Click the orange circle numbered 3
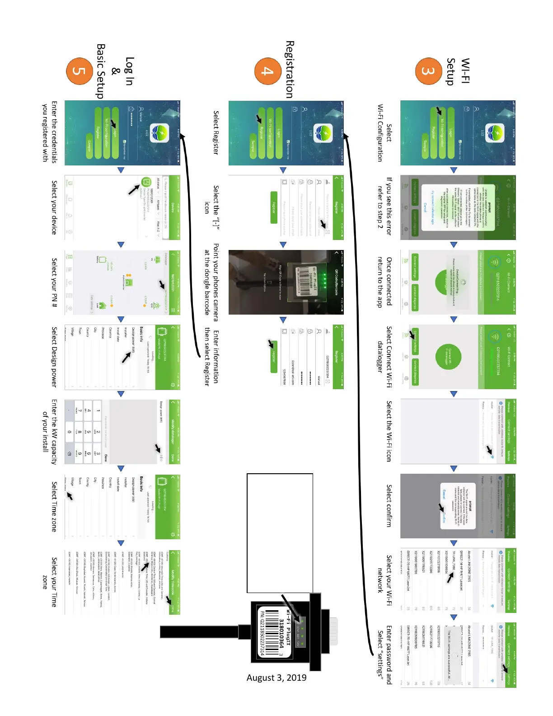click(426, 71)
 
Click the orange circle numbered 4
click(267, 71)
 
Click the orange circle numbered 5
click(80, 71)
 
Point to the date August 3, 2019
click(276, 678)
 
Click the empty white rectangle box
click(280, 533)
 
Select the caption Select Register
click(216, 132)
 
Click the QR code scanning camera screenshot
click(286, 282)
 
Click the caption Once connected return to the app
click(384, 282)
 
